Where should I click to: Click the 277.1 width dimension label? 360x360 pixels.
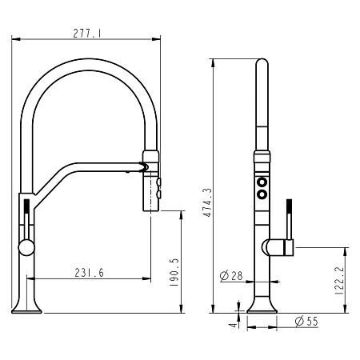(x=87, y=34)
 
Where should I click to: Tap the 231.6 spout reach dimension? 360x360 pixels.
(x=89, y=273)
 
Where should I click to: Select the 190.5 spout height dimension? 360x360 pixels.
(x=174, y=272)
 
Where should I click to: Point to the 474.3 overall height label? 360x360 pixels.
(x=207, y=202)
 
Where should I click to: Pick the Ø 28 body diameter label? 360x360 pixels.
(x=231, y=276)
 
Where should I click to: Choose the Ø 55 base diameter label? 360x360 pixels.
(x=306, y=321)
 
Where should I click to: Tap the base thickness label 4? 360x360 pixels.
(x=234, y=326)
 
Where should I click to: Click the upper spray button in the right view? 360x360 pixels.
(x=262, y=182)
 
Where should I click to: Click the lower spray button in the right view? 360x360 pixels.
(x=262, y=194)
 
